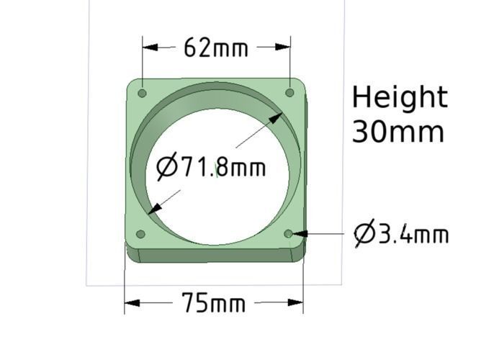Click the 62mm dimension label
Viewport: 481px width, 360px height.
[216, 48]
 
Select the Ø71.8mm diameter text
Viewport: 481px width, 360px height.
[212, 168]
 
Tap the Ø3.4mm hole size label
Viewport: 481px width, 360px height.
[402, 234]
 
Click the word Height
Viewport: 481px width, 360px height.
[400, 97]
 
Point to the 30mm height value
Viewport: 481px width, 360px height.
[397, 132]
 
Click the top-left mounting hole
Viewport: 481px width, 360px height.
[142, 94]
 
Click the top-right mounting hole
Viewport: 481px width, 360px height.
[289, 93]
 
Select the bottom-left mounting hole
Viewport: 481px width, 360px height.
[140, 234]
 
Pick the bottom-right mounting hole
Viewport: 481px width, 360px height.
[289, 234]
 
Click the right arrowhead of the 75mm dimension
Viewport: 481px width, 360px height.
[296, 303]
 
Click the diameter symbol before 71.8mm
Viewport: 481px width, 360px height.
[167, 168]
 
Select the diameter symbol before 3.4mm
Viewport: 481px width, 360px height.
[364, 234]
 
